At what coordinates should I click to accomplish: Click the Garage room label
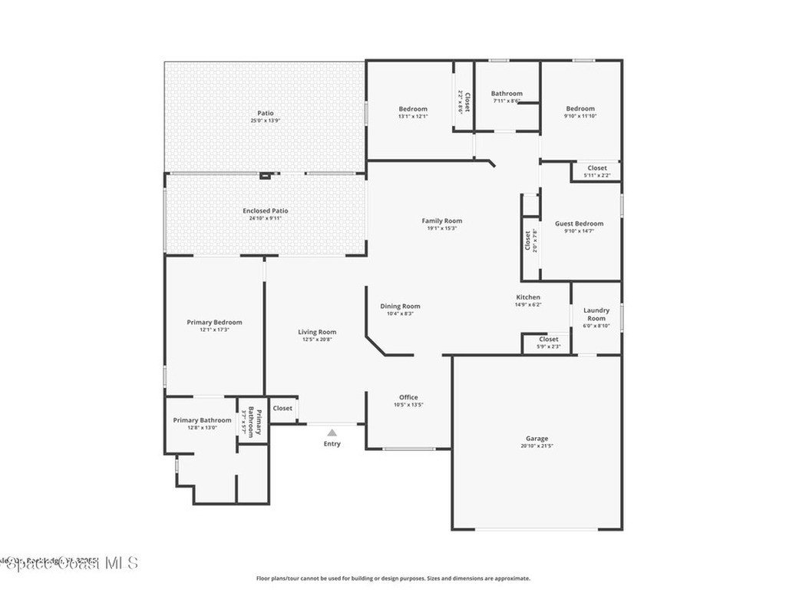coord(537,439)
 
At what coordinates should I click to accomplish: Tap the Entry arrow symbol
coord(332,433)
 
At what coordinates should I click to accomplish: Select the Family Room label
coord(442,221)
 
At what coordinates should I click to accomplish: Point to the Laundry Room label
coord(596,314)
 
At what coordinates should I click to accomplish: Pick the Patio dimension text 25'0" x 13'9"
coord(265,121)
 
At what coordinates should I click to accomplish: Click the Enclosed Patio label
coord(265,210)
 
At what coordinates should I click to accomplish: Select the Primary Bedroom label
coord(214,322)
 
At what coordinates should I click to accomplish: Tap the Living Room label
coord(317,332)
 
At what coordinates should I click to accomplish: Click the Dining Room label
coord(400,306)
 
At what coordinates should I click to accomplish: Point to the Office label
coord(408,397)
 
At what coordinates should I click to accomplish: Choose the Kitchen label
coord(528,297)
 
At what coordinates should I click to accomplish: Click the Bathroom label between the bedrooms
coord(507,94)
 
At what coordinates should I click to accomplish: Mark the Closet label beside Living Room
coord(282,408)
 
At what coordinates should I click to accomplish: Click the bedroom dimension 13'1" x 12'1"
coord(413,117)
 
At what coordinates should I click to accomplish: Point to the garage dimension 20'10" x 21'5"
coord(537,446)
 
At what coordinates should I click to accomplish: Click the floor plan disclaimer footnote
coord(392,578)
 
